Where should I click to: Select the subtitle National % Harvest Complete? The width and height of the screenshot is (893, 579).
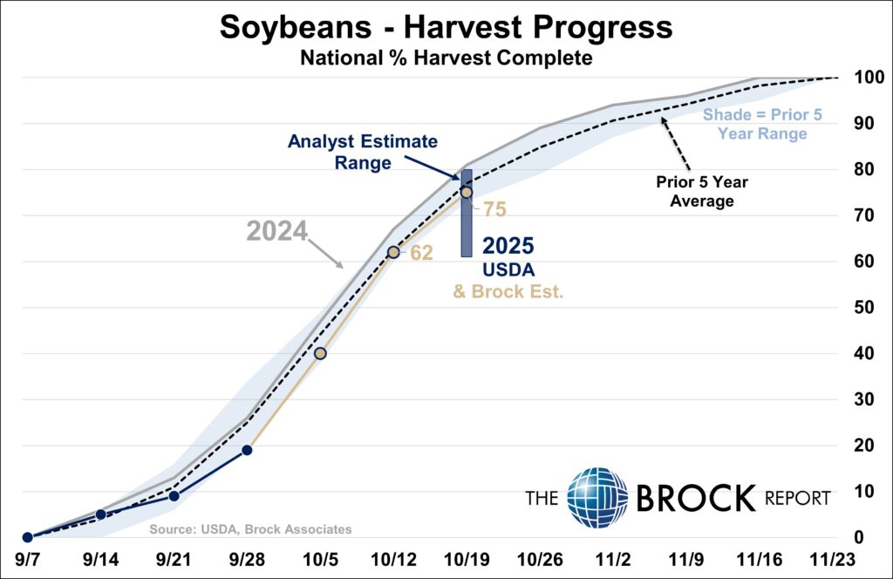pyautogui.click(x=446, y=58)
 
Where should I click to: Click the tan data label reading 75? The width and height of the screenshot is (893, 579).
pyautogui.click(x=494, y=209)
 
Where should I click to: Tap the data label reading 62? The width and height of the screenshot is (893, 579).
pyautogui.click(x=422, y=253)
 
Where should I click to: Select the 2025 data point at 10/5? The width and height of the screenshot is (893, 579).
pyautogui.click(x=320, y=353)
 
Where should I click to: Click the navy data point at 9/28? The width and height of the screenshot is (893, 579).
pyautogui.click(x=247, y=450)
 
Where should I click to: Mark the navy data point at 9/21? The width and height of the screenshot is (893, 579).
pyautogui.click(x=174, y=496)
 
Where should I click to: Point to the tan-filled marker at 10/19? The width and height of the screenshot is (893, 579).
pyautogui.click(x=466, y=193)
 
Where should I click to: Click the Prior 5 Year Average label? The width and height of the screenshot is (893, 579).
pyautogui.click(x=695, y=192)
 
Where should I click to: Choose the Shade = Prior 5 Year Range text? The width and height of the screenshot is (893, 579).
pyautogui.click(x=762, y=124)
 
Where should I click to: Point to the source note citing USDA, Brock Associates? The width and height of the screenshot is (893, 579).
pyautogui.click(x=250, y=529)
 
